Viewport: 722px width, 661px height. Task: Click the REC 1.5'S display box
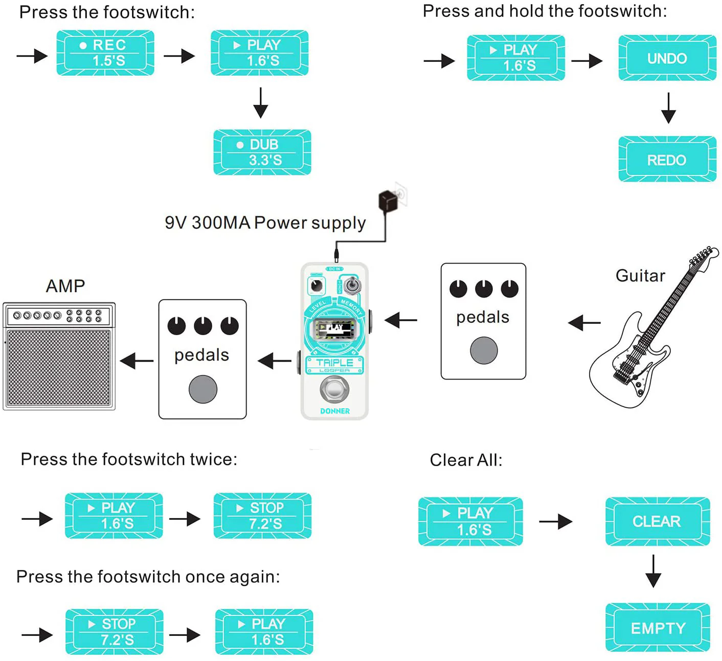(x=105, y=53)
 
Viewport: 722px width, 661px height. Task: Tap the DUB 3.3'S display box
(x=262, y=152)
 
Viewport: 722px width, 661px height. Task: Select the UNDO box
(x=667, y=58)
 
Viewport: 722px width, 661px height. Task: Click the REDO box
(x=667, y=160)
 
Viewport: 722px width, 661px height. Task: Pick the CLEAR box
(x=657, y=521)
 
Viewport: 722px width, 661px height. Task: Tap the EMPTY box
(x=658, y=628)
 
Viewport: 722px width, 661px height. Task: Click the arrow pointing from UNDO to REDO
(x=668, y=108)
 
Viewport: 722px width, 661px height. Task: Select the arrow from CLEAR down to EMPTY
(x=653, y=571)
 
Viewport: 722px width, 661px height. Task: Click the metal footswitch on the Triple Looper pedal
(x=334, y=389)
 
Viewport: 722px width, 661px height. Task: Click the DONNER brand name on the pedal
(x=335, y=411)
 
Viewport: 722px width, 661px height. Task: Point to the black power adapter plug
(x=388, y=201)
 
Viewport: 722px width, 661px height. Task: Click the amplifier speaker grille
(x=59, y=367)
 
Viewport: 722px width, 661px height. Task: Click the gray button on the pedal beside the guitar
(x=483, y=350)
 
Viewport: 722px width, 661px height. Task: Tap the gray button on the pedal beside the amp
(x=202, y=389)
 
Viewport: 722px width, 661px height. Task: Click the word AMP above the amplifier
(x=65, y=285)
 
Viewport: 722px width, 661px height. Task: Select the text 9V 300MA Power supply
(x=265, y=223)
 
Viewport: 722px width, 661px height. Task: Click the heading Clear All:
(x=466, y=460)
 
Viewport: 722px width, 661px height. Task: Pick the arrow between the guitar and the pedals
(x=584, y=323)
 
